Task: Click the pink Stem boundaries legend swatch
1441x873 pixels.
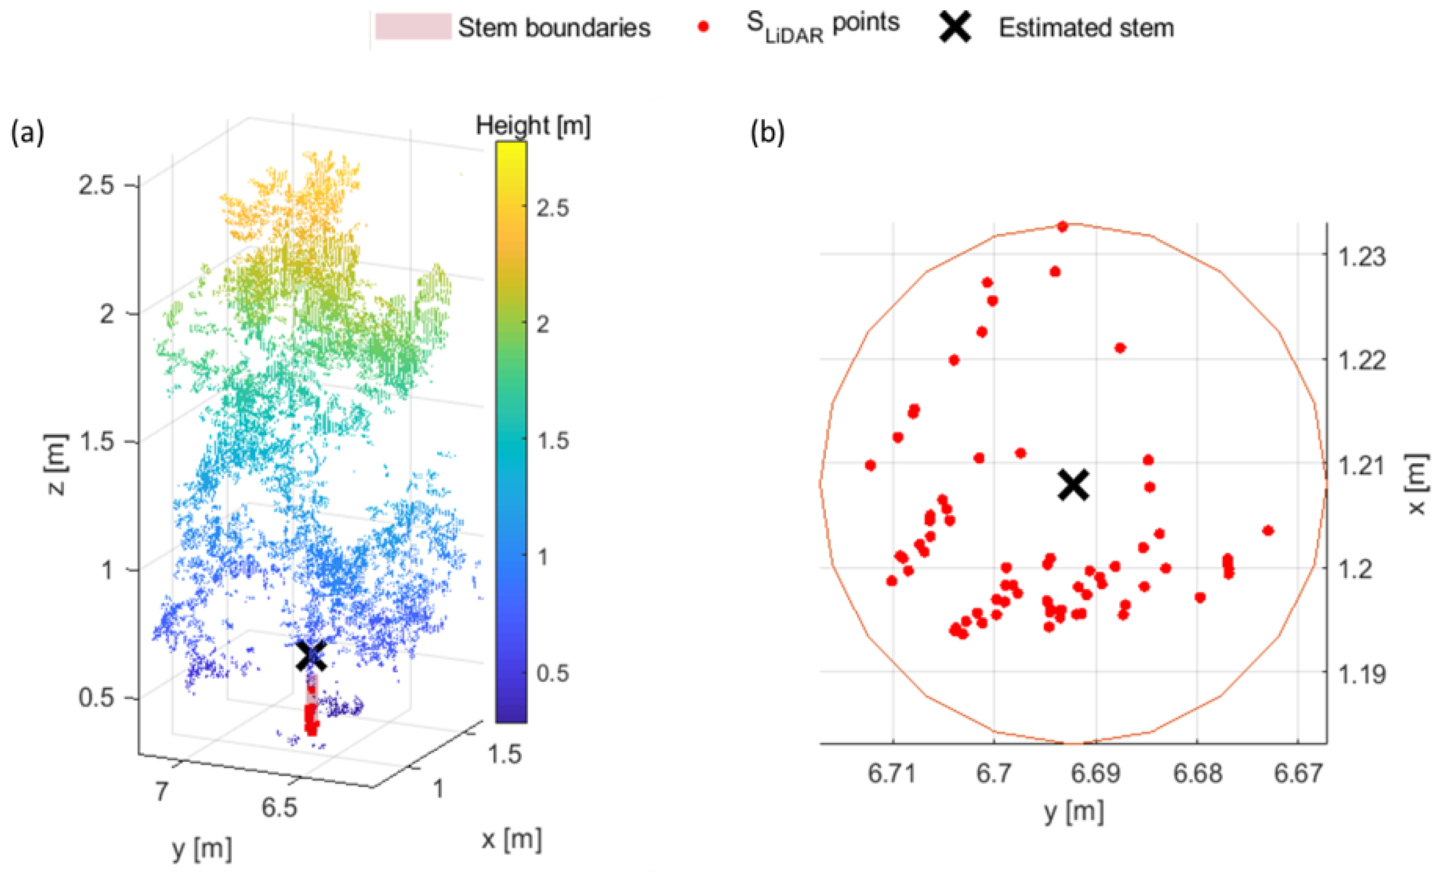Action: coord(413,27)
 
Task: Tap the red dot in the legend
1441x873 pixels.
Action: coord(704,27)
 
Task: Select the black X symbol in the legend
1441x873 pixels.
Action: coord(955,27)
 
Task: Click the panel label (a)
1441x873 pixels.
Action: coord(28,134)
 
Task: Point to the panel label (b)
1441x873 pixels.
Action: coord(767,134)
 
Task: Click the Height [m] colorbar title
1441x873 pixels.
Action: coord(533,125)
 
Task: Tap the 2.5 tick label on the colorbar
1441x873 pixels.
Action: coord(552,208)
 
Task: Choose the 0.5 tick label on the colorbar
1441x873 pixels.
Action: coord(552,673)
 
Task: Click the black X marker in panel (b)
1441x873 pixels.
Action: coord(1074,485)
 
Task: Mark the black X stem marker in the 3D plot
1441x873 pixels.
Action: coord(311,656)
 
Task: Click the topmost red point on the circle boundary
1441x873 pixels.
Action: coord(1063,227)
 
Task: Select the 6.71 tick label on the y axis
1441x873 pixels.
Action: coord(892,773)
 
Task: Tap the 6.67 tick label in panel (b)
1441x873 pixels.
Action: coord(1298,773)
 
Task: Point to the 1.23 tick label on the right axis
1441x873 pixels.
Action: coord(1362,256)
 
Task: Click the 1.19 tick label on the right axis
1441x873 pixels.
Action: coord(1362,674)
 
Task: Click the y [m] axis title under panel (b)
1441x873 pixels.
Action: coord(1074,811)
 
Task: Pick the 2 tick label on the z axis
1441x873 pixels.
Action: coord(107,314)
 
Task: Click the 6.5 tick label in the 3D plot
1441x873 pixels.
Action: coord(279,807)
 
